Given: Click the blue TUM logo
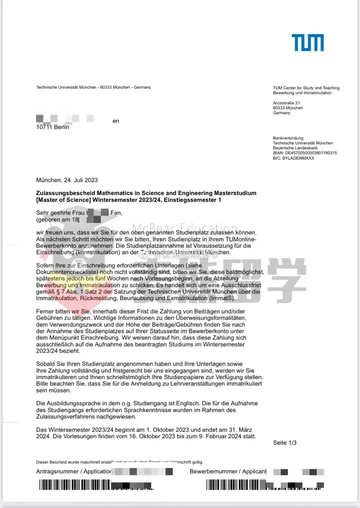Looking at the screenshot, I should pyautogui.click(x=307, y=43).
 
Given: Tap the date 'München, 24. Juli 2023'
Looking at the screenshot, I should pyautogui.click(x=67, y=180).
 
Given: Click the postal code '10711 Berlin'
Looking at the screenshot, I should pyautogui.click(x=53, y=128).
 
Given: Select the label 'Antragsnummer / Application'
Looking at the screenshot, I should pyautogui.click(x=73, y=471).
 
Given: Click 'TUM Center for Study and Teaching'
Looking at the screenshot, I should pyautogui.click(x=306, y=88).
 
